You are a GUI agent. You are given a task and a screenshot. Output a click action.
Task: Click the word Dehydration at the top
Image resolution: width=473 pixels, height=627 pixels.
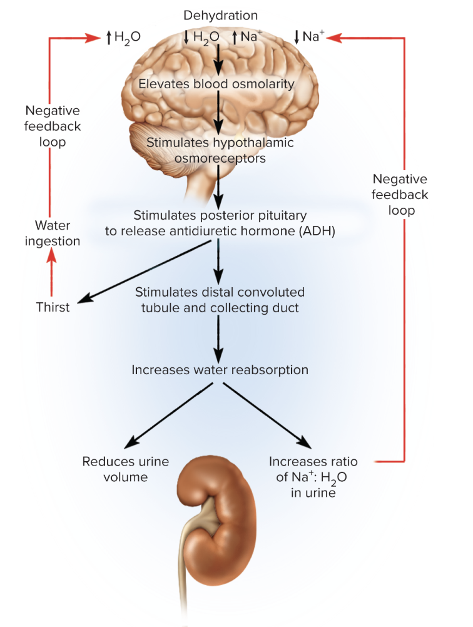pos(220,15)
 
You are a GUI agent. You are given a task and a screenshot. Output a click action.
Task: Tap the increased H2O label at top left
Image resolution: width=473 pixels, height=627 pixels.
pos(123,37)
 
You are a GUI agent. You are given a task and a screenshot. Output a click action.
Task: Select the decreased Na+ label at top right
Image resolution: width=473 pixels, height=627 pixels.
pos(310,37)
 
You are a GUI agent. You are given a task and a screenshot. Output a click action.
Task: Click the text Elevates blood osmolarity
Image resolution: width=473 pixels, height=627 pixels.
pos(216,83)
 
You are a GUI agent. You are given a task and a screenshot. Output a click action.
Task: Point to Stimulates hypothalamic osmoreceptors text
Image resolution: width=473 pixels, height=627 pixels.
pos(220,150)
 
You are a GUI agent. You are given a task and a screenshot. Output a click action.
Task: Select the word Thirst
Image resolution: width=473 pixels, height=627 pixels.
pos(53,307)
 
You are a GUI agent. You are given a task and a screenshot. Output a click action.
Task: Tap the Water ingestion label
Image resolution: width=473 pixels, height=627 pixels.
pos(53,233)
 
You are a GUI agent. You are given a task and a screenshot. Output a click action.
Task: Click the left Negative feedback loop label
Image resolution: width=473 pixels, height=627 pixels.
pos(53,126)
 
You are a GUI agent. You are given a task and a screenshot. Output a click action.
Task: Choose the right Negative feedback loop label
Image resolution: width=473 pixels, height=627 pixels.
pos(400,195)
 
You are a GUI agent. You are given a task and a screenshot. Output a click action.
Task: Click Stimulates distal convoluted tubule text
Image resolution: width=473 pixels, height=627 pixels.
pos(220,300)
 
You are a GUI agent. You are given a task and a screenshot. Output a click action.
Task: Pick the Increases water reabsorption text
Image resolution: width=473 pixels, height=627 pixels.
pos(220,370)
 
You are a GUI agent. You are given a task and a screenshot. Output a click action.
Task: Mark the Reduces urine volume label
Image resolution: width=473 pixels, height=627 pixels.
pos(126,469)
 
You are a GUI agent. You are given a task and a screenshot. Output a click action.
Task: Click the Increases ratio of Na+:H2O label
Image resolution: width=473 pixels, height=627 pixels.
pos(313,477)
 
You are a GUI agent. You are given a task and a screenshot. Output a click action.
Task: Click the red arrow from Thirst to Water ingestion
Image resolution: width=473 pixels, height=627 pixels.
pos(53,273)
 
